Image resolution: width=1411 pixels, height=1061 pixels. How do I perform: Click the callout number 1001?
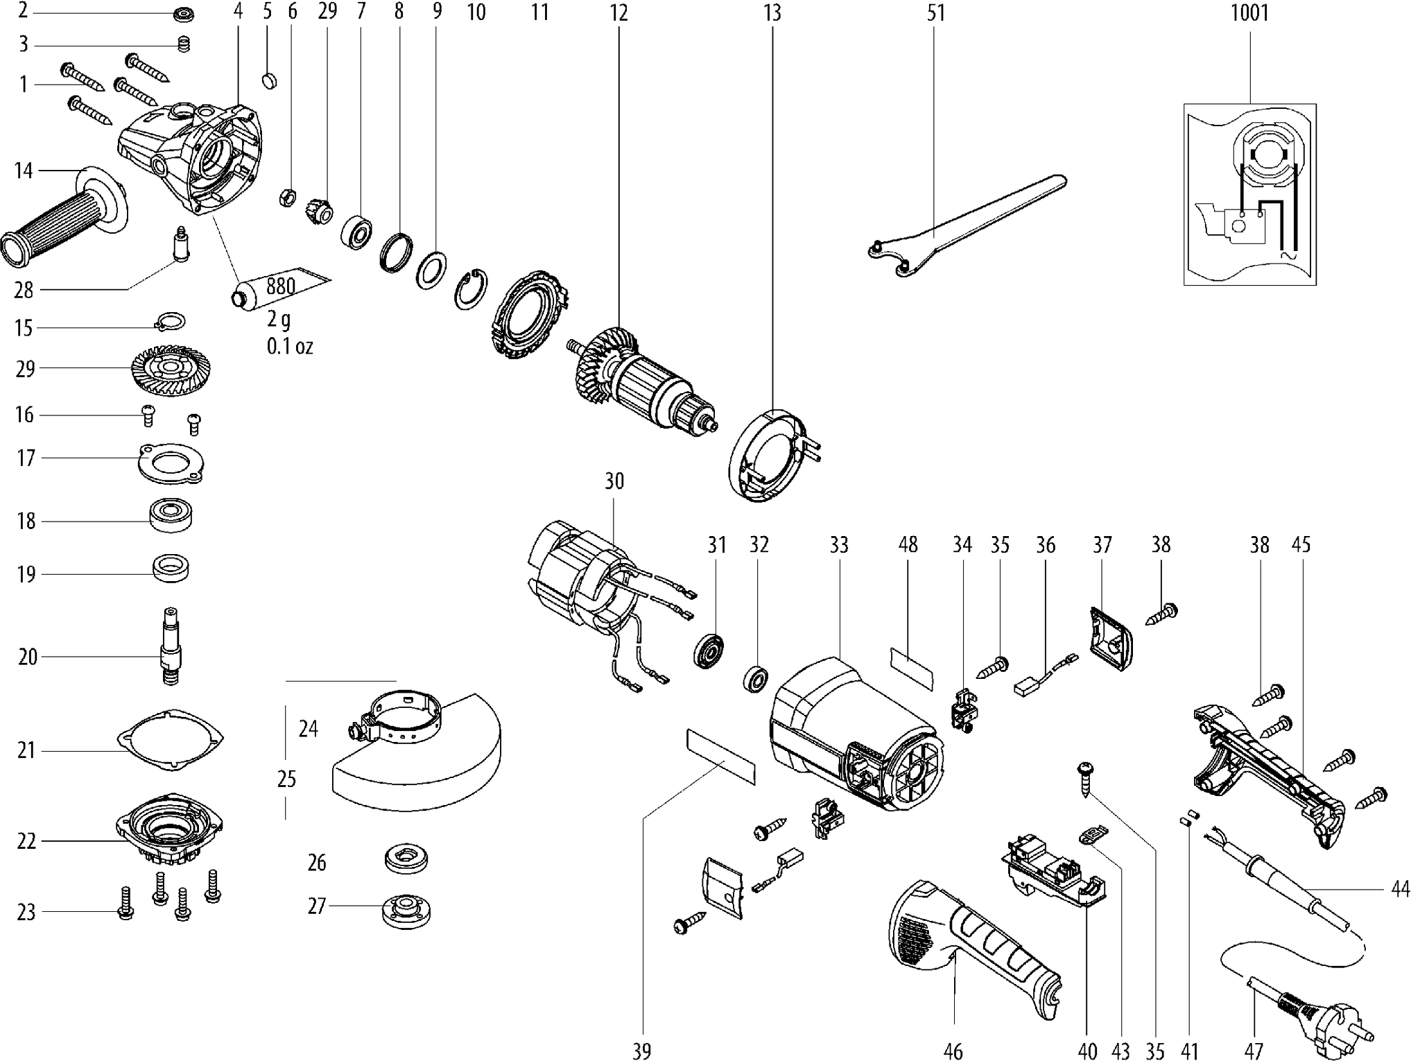coord(1249,13)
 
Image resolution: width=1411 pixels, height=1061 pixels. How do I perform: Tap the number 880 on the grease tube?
coord(280,286)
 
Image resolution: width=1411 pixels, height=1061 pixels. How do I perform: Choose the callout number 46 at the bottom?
coord(953,1051)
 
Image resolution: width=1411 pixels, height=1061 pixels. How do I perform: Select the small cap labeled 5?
coord(270,80)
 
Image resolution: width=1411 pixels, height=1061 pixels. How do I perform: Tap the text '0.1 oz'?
coord(290,346)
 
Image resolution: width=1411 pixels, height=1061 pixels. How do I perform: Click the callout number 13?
coord(772,13)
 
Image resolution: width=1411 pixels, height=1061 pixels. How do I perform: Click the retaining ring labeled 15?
coord(169,321)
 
